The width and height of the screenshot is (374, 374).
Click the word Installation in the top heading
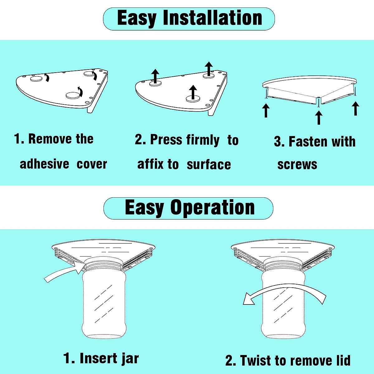[x=213, y=18]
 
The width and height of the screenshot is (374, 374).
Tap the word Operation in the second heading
[x=213, y=208]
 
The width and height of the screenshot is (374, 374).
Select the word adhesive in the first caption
[x=45, y=164]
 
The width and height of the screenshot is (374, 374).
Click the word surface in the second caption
[x=209, y=165]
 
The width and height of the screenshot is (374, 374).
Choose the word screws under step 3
[x=297, y=165]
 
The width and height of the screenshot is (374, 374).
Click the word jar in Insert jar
[x=130, y=358]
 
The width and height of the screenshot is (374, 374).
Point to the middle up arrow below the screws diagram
[x=319, y=117]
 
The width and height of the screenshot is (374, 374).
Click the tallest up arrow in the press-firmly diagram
[x=209, y=69]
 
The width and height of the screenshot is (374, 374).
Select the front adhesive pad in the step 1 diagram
[x=73, y=95]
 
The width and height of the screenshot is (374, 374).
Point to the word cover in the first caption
[x=92, y=164]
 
